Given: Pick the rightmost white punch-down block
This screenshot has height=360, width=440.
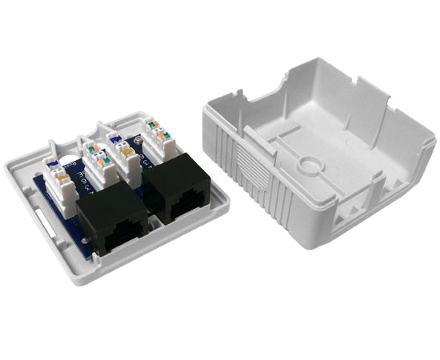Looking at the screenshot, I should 159,140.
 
